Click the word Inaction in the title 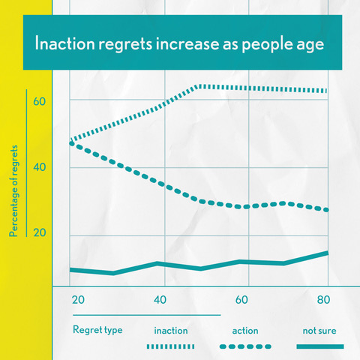click(65, 43)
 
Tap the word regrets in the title click(125, 44)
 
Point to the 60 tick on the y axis click(40, 101)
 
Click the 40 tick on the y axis click(40, 167)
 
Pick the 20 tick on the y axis click(40, 232)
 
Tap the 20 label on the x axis click(78, 300)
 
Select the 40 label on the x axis click(160, 300)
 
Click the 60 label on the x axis click(241, 300)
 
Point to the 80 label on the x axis click(323, 300)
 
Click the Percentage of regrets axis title click(13, 191)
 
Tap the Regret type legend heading click(97, 330)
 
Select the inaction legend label click(171, 331)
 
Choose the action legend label click(245, 331)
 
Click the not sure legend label click(319, 331)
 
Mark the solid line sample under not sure click(320, 346)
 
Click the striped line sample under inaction click(170, 346)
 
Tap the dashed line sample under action click(245, 346)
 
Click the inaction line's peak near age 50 click(199, 86)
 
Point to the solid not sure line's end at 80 click(328, 253)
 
